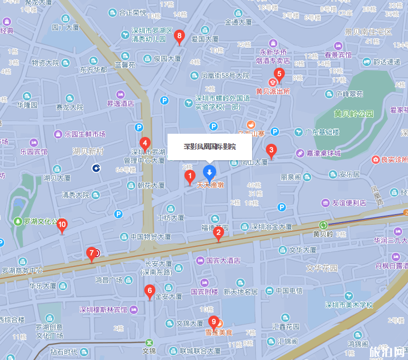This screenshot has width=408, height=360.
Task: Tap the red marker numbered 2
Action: tap(218, 233)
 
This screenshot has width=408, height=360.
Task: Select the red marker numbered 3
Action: tap(271, 151)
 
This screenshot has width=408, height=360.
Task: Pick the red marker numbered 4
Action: tap(144, 143)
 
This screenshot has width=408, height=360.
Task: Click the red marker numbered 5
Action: tap(279, 75)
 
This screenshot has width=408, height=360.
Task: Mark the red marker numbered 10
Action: tap(62, 225)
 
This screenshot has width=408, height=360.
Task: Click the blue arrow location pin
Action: tap(209, 172)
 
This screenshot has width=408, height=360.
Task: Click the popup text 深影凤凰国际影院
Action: tap(209, 146)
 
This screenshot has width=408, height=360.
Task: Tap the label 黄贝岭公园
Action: tap(354, 114)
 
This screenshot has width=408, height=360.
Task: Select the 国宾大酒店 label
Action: tap(223, 260)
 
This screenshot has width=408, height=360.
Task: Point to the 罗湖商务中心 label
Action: tap(22, 270)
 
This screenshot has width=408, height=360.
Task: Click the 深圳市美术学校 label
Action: tap(349, 305)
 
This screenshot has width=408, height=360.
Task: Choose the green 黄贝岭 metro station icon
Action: tap(323, 225)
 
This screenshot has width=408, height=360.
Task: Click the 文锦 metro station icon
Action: tap(150, 341)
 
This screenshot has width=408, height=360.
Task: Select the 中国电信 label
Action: tap(289, 290)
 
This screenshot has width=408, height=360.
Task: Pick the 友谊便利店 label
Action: tap(349, 202)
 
